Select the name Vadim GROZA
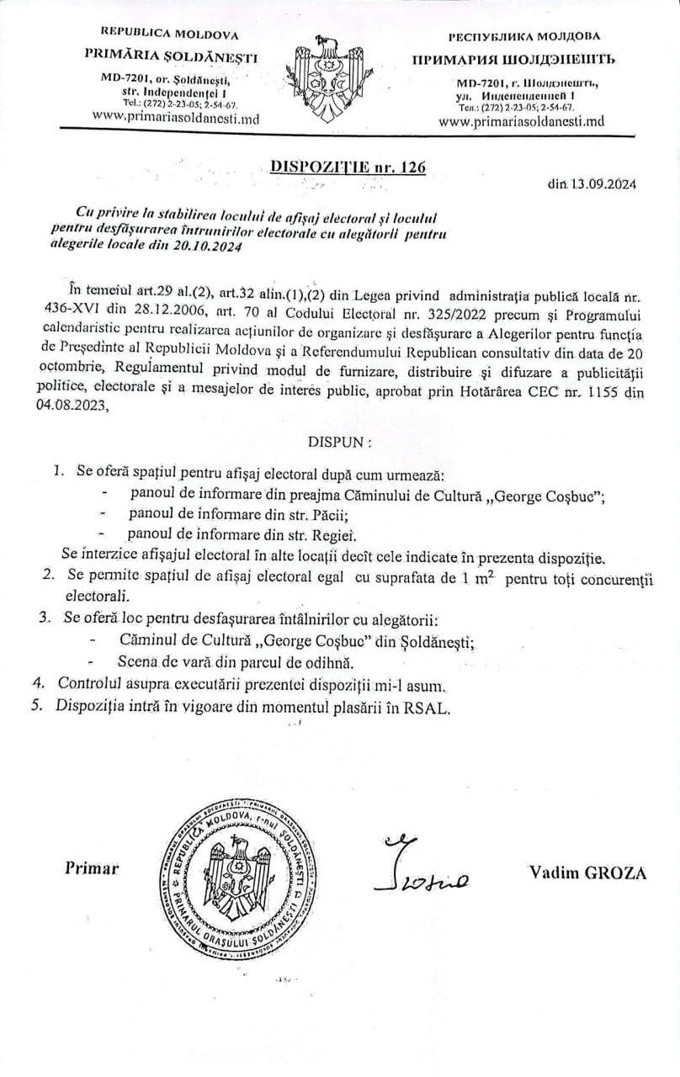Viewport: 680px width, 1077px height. pos(587,872)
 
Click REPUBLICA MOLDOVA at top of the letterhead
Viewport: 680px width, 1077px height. pos(169,34)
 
